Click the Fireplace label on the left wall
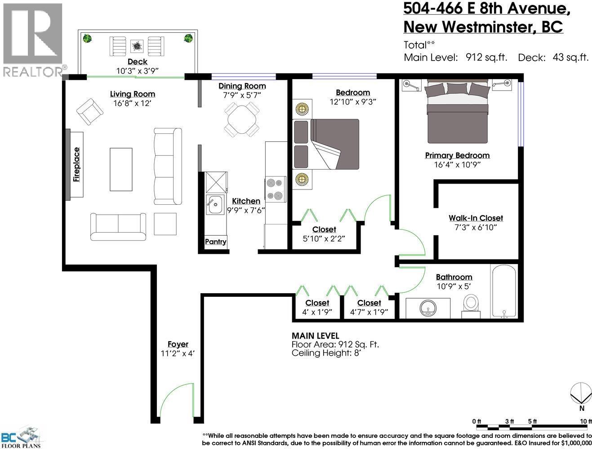coord(76,164)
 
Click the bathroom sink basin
coord(428,308)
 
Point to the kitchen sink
coord(214,206)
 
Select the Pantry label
coord(215,242)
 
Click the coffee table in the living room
coord(121,169)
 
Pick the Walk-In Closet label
coord(476,218)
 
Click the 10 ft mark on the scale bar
coord(585,421)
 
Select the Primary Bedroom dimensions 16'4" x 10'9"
coord(457,165)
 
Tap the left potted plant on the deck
coord(87,39)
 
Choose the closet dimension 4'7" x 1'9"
coord(369,312)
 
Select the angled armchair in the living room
coord(90,112)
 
